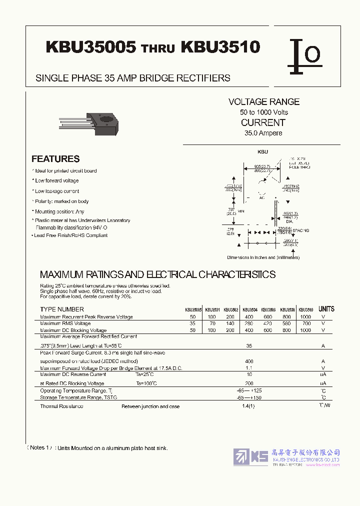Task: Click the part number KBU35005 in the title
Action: (x=91, y=47)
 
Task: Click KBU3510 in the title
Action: (x=220, y=47)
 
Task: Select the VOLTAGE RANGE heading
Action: (x=264, y=101)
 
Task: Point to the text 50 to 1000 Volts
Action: (x=263, y=112)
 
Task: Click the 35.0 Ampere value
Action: (x=263, y=133)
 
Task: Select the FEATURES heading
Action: (x=55, y=159)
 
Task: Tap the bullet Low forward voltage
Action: (x=56, y=180)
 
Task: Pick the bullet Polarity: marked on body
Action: (x=61, y=201)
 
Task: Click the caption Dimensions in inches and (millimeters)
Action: (x=263, y=257)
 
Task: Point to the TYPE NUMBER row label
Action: (x=62, y=309)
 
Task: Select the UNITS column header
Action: (x=326, y=309)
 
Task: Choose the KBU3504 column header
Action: (x=249, y=309)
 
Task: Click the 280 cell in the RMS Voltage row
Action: (x=249, y=323)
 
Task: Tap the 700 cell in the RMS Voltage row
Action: (x=305, y=323)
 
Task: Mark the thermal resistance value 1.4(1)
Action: (x=249, y=406)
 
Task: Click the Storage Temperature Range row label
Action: (x=78, y=397)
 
